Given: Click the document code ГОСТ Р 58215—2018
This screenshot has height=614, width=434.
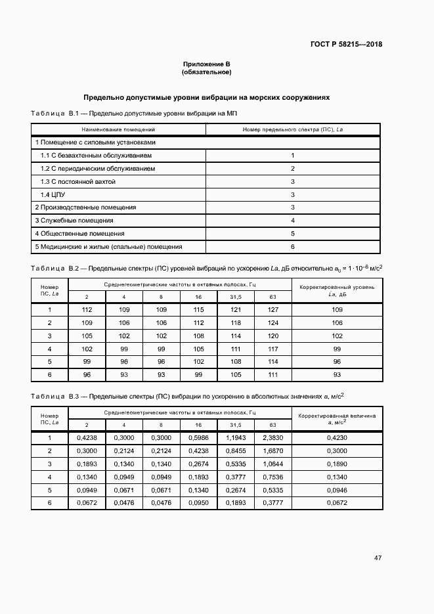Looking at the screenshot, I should click(x=346, y=45).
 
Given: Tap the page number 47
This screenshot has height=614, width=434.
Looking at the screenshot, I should click(x=378, y=558).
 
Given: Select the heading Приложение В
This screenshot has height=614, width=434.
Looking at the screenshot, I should click(x=207, y=64).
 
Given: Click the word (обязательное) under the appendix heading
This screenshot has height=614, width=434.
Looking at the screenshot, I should click(x=207, y=72).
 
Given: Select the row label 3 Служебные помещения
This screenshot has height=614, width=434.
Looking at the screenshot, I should click(x=74, y=221).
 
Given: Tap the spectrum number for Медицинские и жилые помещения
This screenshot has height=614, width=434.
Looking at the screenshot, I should click(x=293, y=247).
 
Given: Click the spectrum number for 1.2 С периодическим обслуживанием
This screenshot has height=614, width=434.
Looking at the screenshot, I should click(x=293, y=169).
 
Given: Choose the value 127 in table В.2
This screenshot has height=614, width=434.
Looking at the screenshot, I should click(x=273, y=309).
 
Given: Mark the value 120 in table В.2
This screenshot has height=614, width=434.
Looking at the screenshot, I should click(x=273, y=336).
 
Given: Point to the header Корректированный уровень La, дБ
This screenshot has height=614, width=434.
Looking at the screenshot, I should click(x=337, y=291).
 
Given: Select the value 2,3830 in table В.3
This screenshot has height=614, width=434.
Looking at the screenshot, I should click(x=273, y=437).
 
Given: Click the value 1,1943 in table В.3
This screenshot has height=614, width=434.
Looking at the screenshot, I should click(x=236, y=437).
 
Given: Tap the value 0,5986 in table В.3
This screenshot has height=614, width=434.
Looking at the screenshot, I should click(x=199, y=437).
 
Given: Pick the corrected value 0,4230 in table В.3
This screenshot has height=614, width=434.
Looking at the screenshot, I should click(x=337, y=437).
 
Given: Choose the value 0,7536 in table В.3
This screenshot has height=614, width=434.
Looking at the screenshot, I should click(x=273, y=477).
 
